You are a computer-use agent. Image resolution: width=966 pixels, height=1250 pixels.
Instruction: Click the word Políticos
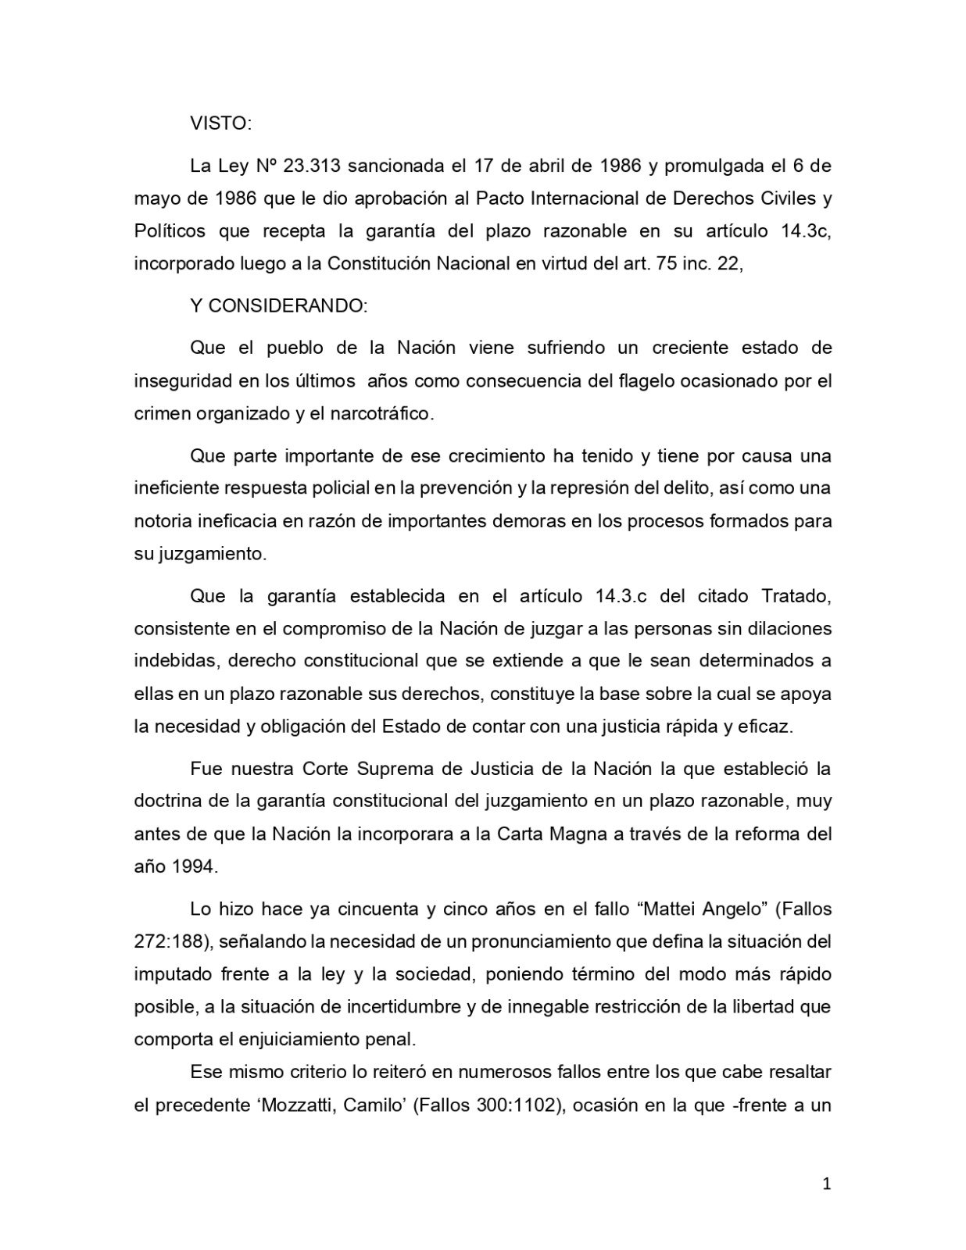coord(170,231)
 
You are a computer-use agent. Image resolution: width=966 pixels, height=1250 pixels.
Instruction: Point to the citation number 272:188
coord(170,941)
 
